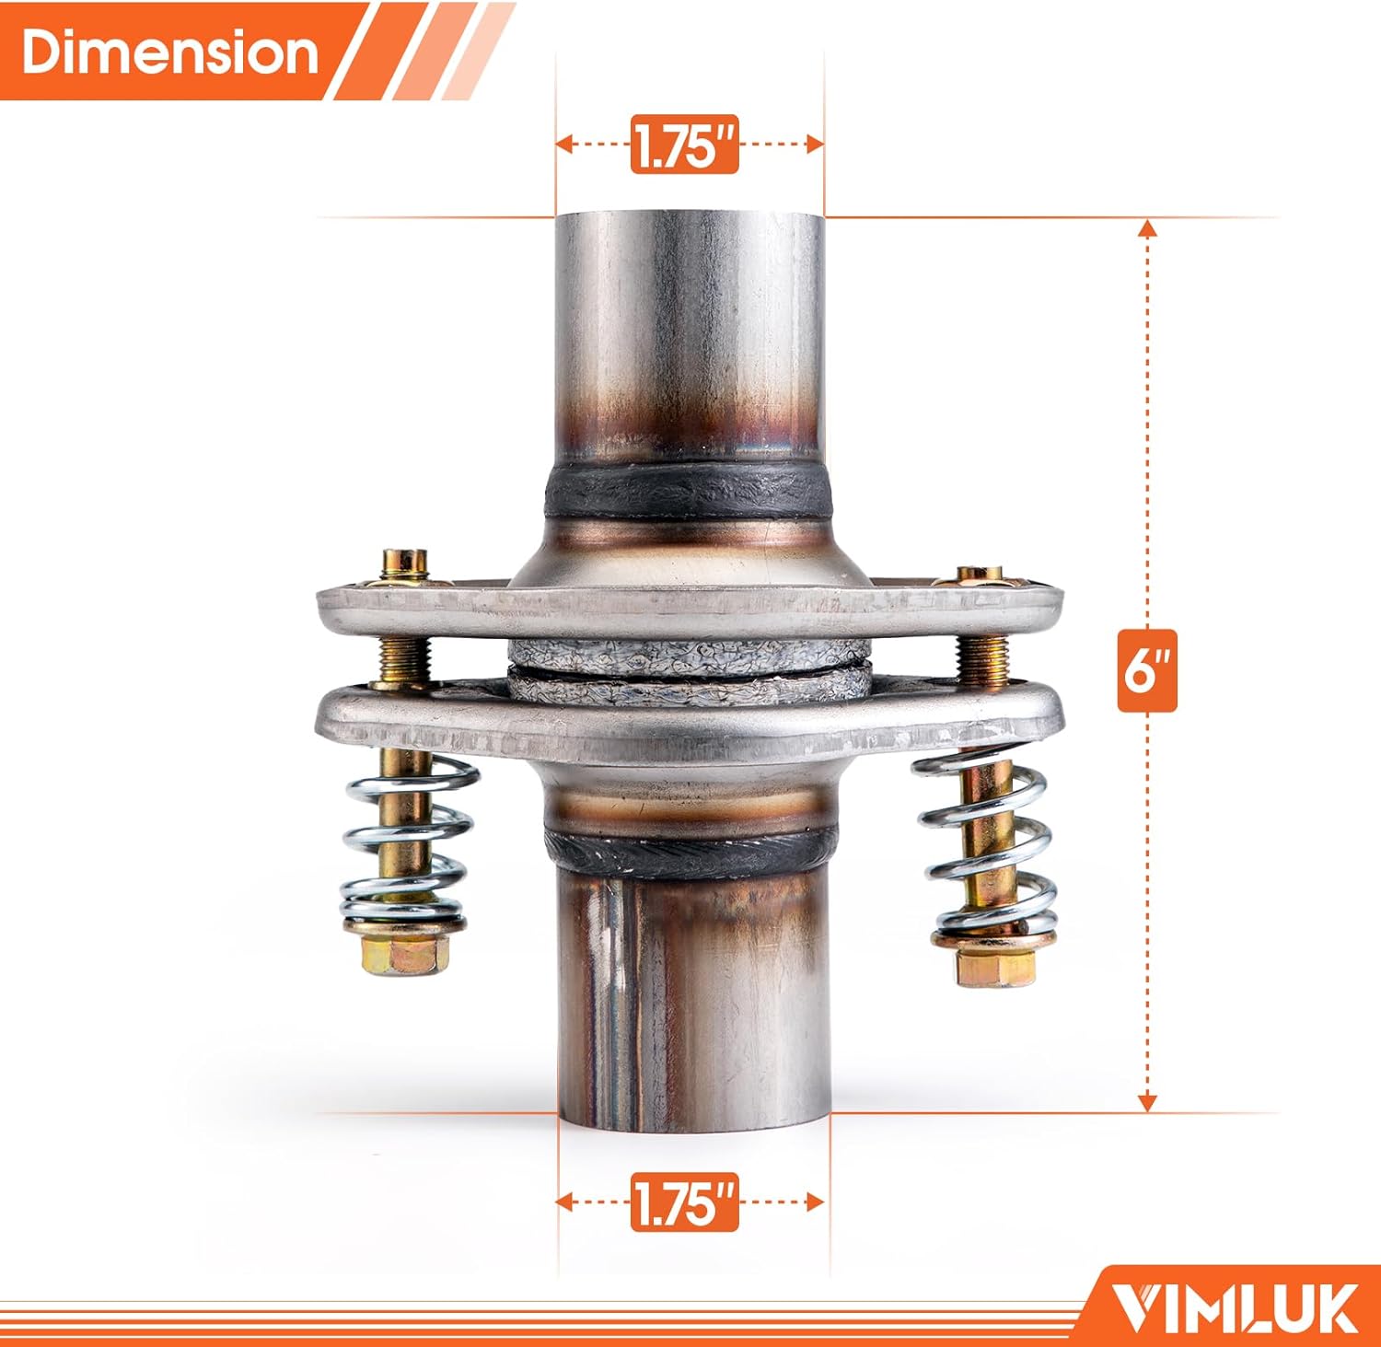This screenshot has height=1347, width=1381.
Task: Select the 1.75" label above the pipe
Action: click(685, 145)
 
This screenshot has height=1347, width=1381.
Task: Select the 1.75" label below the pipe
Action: click(685, 1202)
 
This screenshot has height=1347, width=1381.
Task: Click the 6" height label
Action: click(1146, 672)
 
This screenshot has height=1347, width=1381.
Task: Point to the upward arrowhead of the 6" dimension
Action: click(1147, 227)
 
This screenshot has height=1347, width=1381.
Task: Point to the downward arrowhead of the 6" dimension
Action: click(1147, 1102)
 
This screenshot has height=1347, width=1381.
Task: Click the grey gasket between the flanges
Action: click(689, 668)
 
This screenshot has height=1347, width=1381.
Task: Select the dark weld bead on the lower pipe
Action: click(690, 852)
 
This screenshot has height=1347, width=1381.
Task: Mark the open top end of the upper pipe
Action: click(689, 219)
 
